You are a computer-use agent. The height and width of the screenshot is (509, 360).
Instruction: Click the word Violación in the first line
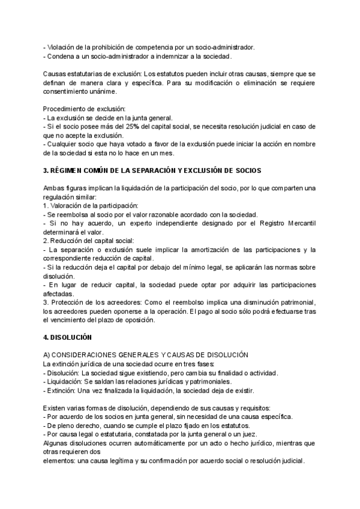coord(62,46)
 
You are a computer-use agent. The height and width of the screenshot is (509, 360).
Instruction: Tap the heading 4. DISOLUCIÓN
coord(68,338)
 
